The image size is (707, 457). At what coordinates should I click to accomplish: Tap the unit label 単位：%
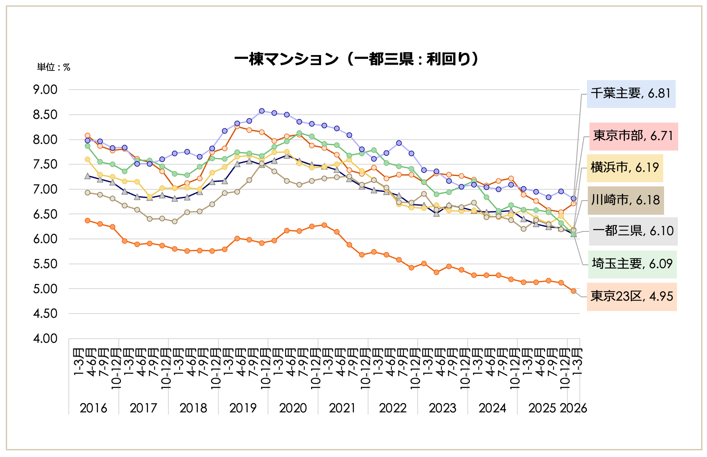click(53, 68)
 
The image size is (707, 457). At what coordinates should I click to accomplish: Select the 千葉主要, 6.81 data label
click(631, 93)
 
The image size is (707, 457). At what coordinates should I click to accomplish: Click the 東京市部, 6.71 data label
click(633, 136)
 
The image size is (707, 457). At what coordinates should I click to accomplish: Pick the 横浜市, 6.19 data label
click(624, 168)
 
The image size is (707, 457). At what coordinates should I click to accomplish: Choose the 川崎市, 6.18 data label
click(625, 200)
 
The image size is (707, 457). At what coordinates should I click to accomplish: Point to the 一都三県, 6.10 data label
click(633, 231)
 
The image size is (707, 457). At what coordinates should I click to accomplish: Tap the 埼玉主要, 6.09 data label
click(632, 264)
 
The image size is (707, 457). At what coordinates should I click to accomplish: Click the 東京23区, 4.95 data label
click(632, 296)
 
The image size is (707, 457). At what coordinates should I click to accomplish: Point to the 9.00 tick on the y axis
click(45, 90)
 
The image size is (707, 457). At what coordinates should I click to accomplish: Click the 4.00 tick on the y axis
click(45, 339)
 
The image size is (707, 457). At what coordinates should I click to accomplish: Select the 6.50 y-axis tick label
click(45, 214)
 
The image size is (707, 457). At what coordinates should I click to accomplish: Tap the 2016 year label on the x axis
click(93, 408)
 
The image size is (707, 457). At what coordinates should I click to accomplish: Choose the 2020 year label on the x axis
click(293, 408)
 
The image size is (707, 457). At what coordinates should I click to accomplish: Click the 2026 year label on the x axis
click(574, 408)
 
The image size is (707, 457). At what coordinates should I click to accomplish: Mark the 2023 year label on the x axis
click(442, 408)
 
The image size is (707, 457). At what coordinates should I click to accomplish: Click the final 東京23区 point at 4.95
click(574, 291)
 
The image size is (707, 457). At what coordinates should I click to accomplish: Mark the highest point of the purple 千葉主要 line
click(262, 111)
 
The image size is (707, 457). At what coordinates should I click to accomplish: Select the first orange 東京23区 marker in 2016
click(88, 221)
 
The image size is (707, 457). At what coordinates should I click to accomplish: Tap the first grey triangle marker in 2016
click(88, 176)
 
